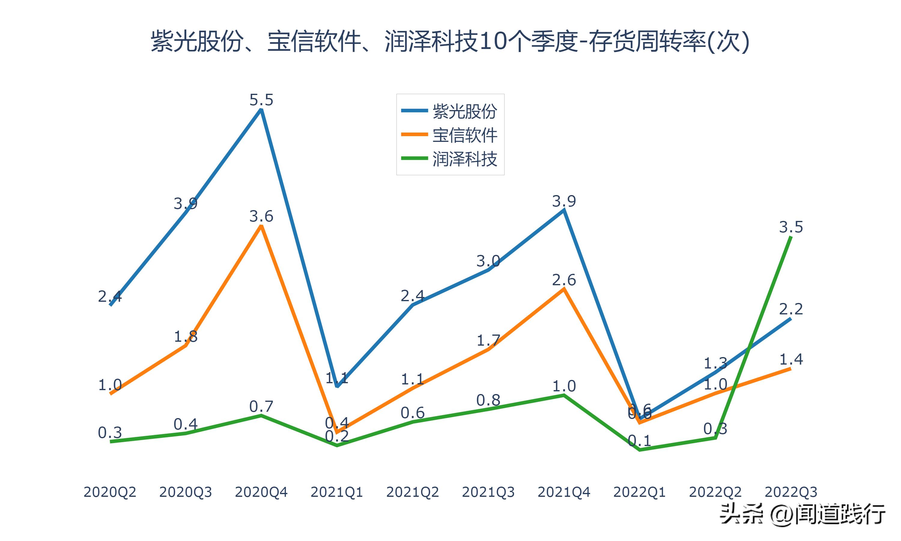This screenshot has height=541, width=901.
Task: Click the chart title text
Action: (x=450, y=41)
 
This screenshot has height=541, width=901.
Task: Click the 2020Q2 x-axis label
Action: (x=110, y=492)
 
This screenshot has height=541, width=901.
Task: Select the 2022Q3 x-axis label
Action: (x=791, y=492)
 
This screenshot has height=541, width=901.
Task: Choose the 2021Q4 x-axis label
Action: (x=564, y=492)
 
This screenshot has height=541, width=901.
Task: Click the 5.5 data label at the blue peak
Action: (x=261, y=100)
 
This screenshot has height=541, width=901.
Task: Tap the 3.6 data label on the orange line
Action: (x=261, y=216)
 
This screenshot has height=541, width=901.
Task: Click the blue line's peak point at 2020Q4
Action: (x=261, y=109)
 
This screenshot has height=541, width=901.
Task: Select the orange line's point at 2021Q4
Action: (x=564, y=289)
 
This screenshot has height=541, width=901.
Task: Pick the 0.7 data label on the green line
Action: (x=261, y=406)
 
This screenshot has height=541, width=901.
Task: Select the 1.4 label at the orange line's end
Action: (x=791, y=359)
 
